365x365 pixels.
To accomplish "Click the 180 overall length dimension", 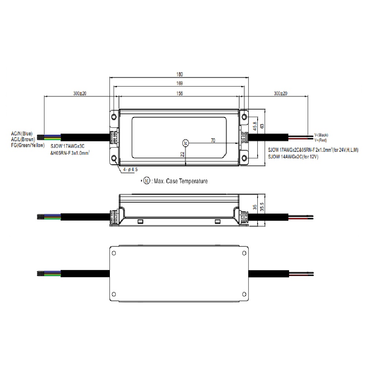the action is (180, 74).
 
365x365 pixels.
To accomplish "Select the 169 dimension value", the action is (180, 83).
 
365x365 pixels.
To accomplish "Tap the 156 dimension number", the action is (180, 93).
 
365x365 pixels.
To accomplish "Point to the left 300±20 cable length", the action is (80, 93).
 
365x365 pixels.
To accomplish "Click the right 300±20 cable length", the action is (280, 93).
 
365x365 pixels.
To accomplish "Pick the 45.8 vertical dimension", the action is (255, 126).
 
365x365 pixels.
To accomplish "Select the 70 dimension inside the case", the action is (213, 141).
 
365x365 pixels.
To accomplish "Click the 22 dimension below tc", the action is (182, 154).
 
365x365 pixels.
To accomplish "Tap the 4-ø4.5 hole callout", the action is (130, 169).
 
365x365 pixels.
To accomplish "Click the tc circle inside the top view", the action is (185, 143).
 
